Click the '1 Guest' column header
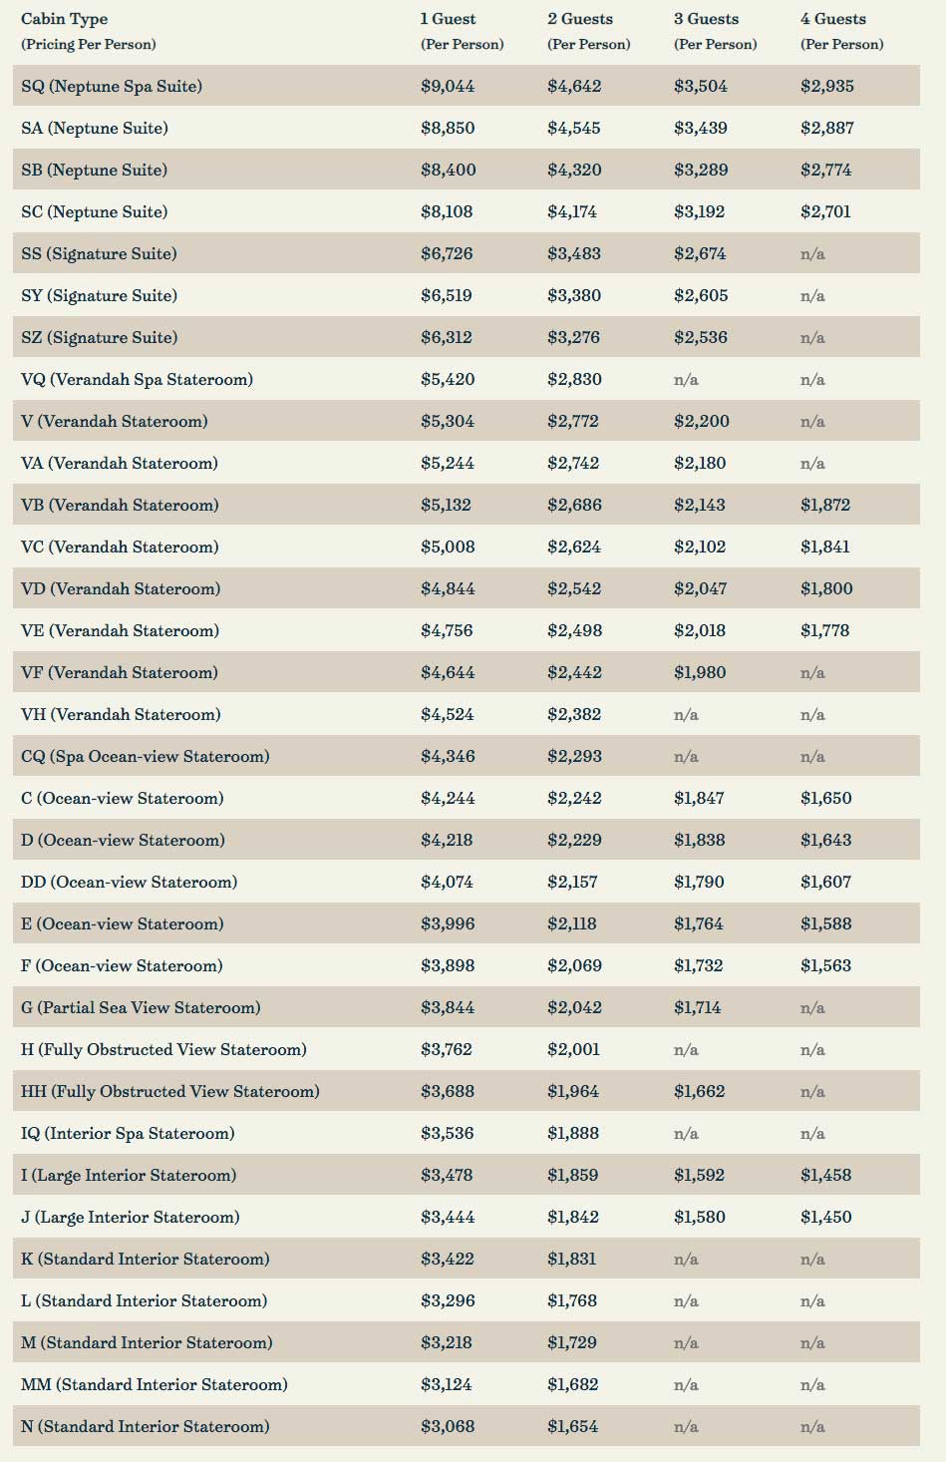[448, 19]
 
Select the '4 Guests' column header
[833, 19]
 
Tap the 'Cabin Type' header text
[64, 20]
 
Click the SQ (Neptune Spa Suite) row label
[112, 86]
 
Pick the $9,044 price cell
[448, 86]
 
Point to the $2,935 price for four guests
[827, 86]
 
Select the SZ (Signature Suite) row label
[99, 337]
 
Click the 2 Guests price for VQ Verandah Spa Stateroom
[574, 379]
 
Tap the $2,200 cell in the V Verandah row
[702, 421]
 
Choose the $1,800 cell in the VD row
[826, 588]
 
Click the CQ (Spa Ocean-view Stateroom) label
[145, 757]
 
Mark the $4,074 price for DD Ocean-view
[447, 882]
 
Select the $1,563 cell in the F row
[826, 965]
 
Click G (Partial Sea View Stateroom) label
[141, 1007]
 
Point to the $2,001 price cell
[573, 1049]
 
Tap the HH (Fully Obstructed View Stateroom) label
[170, 1091]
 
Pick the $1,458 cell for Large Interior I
[826, 1175]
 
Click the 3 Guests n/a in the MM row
[686, 1384]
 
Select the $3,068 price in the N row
[448, 1426]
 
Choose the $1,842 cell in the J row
[573, 1217]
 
